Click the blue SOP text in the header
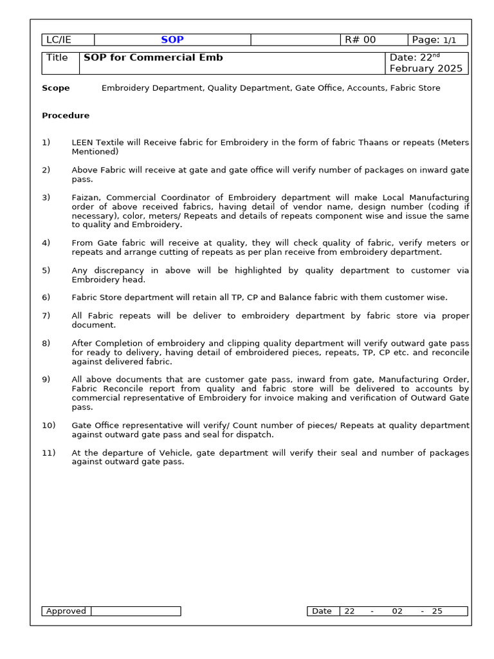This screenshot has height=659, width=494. click(172, 40)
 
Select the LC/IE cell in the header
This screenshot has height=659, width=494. click(59, 40)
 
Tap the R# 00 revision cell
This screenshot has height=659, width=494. click(360, 40)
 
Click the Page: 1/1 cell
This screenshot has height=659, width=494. click(437, 40)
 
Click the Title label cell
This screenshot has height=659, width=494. click(57, 58)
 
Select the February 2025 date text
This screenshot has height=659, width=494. click(426, 69)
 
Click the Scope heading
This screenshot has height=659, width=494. click(56, 88)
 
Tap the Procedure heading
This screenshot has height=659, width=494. click(66, 116)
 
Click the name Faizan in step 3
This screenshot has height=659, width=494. click(86, 198)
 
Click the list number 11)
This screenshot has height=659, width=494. click(48, 453)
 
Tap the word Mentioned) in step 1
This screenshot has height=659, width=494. click(95, 152)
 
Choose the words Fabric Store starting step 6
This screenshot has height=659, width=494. click(98, 297)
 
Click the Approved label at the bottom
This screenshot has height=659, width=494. click(66, 611)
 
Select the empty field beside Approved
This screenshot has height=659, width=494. click(136, 611)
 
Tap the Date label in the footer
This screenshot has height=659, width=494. click(322, 611)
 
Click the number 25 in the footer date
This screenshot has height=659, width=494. click(437, 611)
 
